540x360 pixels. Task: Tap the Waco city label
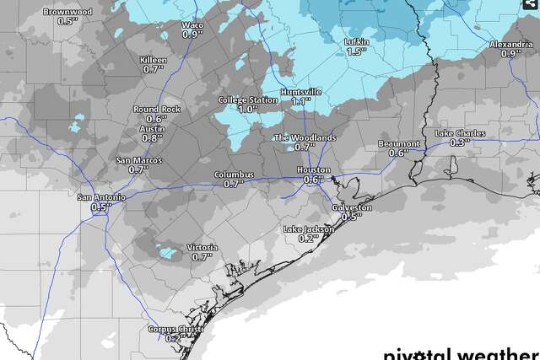[192, 25]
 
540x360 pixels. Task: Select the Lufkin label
[357, 42]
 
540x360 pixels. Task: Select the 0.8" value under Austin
[153, 137]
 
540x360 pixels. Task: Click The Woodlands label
[305, 137]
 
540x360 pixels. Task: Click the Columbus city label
[233, 174]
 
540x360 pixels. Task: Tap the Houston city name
[312, 169]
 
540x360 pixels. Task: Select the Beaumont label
[398, 143]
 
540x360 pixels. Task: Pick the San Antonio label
[101, 197]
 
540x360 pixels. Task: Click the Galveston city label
[352, 207]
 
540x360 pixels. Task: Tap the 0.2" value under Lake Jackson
[308, 239]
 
